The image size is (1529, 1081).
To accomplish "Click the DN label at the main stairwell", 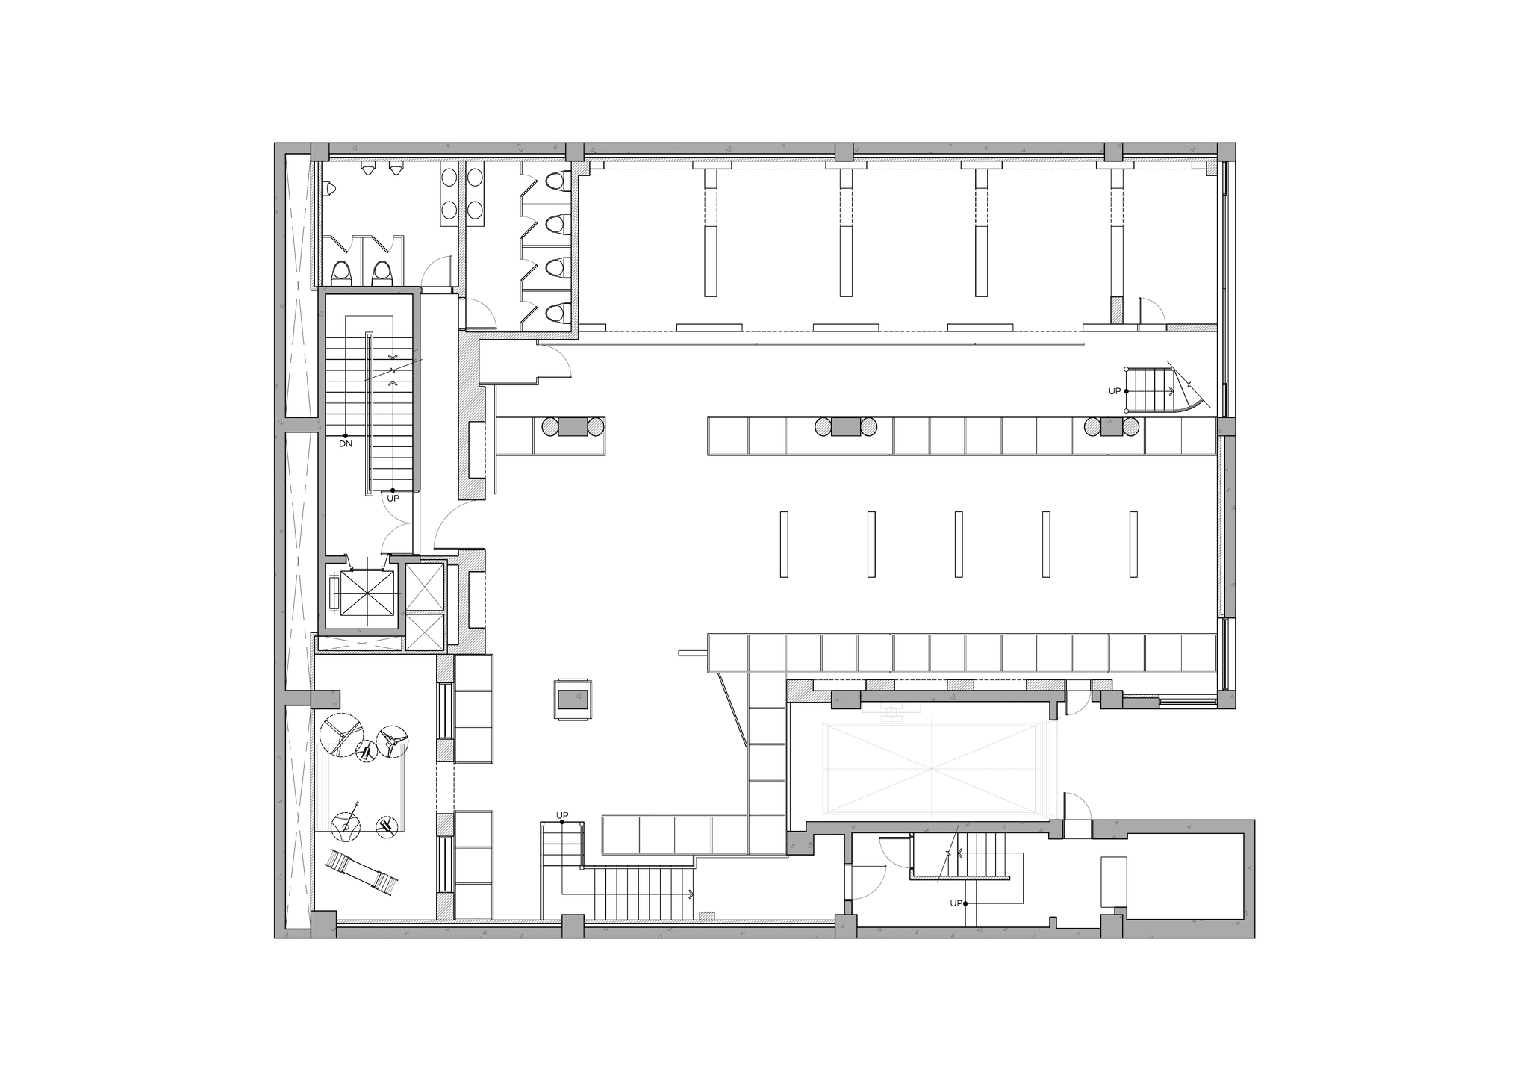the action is (x=345, y=443).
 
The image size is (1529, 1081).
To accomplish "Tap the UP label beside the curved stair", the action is (x=1114, y=391).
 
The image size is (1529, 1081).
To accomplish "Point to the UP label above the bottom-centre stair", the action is (x=561, y=815).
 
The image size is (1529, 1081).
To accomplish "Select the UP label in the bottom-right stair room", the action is (x=956, y=903).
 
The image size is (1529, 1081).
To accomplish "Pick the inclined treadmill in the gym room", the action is (x=361, y=872).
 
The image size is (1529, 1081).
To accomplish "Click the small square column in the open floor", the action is (x=573, y=700).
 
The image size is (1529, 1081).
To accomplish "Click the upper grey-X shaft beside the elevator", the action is (x=424, y=586).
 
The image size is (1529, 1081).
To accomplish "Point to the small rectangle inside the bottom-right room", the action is (x=1112, y=882).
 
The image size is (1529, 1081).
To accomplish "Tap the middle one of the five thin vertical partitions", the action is (x=958, y=543).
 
